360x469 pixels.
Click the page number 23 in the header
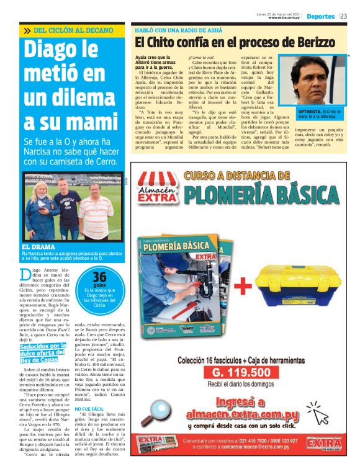343,16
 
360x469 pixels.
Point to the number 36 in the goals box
99,277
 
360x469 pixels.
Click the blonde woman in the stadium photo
38,208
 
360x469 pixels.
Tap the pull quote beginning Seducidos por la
40,353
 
